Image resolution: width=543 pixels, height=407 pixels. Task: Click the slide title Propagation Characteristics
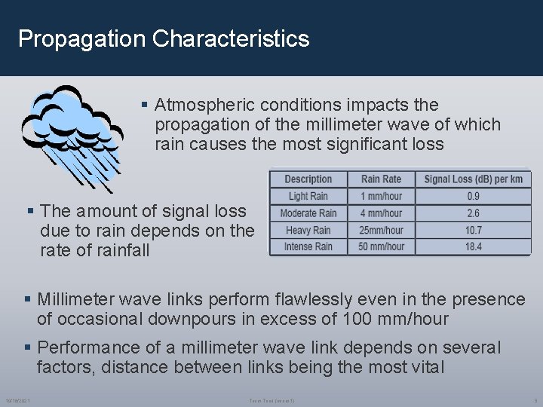(x=164, y=38)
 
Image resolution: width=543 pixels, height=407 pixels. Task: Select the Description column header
(x=308, y=179)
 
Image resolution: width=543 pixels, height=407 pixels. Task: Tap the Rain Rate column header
(x=381, y=179)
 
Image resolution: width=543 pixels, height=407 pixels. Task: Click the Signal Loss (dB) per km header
(x=473, y=179)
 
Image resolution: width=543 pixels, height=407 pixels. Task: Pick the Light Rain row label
(x=308, y=197)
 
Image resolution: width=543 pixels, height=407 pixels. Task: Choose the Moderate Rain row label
(x=308, y=213)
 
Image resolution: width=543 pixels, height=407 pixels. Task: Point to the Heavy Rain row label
(x=308, y=230)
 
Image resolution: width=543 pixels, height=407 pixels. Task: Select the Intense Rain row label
(x=308, y=246)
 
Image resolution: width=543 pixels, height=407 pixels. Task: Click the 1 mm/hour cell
(x=381, y=197)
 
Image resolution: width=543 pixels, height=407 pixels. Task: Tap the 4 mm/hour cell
(x=381, y=213)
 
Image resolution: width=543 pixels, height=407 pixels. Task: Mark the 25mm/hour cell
(x=381, y=230)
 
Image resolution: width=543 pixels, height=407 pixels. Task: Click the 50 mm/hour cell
(x=381, y=246)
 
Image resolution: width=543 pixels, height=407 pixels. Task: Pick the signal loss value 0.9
(x=473, y=197)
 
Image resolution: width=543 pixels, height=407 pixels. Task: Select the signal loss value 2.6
(x=473, y=213)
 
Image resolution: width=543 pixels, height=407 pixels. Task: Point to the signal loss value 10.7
(x=473, y=230)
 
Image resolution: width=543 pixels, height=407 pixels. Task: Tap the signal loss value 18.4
(x=473, y=246)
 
